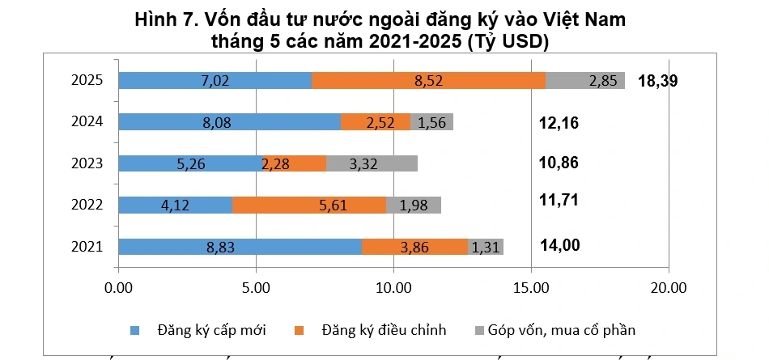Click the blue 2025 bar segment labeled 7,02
(x=215, y=80)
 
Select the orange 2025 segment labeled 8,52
(x=428, y=80)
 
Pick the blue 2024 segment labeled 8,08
(x=229, y=122)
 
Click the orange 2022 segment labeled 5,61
(x=309, y=205)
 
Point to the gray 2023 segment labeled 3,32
(x=372, y=163)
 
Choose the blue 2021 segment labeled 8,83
(x=240, y=247)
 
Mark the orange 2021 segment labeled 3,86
(x=414, y=247)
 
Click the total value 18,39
(x=657, y=81)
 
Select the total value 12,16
(x=559, y=123)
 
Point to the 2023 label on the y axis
(x=87, y=163)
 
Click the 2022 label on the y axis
(x=87, y=205)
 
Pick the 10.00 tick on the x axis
(x=393, y=288)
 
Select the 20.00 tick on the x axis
(x=669, y=288)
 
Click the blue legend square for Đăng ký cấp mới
(x=135, y=330)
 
